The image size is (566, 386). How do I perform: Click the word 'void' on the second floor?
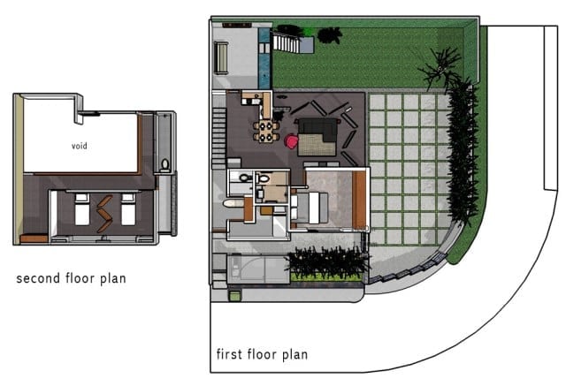(79, 146)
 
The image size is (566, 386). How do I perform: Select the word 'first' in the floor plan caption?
(229, 354)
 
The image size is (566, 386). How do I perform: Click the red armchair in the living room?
(292, 140)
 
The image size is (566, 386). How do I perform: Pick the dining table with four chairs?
(266, 132)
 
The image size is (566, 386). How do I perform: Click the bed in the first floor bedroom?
(310, 208)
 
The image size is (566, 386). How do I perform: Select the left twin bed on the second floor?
(82, 209)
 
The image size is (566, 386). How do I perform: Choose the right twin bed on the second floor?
(128, 209)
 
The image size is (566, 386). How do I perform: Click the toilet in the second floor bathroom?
(165, 164)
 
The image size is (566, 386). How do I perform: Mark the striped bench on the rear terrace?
(221, 58)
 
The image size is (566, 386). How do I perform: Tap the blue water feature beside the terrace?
(264, 58)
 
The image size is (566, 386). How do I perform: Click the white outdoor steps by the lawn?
(286, 42)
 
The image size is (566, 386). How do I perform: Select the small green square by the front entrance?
(234, 296)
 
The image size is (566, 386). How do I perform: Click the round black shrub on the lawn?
(330, 35)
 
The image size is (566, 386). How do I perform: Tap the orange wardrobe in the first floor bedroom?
(359, 200)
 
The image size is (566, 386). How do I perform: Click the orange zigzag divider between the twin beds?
(104, 214)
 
